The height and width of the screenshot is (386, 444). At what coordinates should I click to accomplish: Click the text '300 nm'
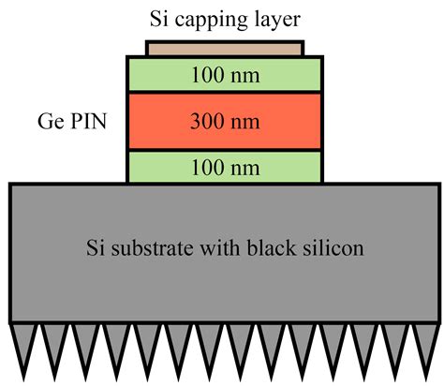[224, 121]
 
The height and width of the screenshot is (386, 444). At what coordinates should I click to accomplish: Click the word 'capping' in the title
[218, 18]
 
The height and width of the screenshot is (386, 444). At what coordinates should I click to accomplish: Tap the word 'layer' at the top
[276, 18]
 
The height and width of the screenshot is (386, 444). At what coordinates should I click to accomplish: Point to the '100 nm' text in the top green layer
[224, 74]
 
